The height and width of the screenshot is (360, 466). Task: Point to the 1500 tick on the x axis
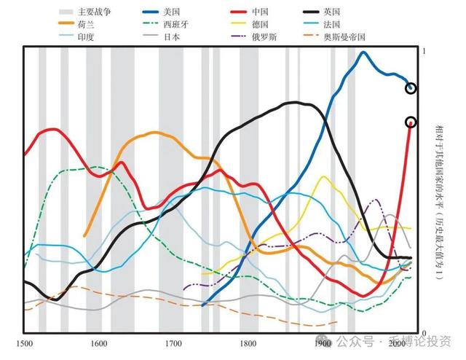24,342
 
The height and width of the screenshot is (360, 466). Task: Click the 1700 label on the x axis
173,342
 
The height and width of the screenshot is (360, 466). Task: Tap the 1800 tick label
248,342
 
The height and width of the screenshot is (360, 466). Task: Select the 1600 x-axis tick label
98,342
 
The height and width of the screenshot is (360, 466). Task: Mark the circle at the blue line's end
411,88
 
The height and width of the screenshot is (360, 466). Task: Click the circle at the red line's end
411,122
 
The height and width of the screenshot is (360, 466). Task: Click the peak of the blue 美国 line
363,52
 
